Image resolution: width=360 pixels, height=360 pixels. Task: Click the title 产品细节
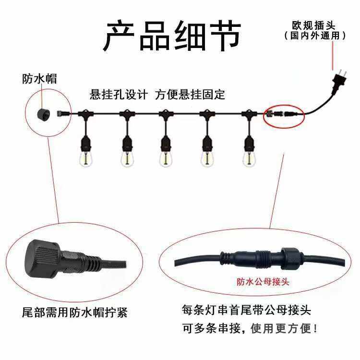tap(172, 36)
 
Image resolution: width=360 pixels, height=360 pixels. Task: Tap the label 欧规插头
tap(314, 25)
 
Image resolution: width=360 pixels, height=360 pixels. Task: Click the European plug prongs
tap(342, 74)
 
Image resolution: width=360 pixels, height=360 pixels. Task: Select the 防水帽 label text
tap(39, 79)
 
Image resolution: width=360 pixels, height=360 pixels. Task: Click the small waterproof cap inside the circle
tap(43, 114)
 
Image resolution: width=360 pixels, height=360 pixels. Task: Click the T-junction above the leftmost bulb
tap(85, 113)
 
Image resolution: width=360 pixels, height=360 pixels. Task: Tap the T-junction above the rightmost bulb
tap(249, 113)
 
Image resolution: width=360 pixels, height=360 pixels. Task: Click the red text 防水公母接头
tap(263, 282)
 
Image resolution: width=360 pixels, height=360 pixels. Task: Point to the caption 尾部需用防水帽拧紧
tap(75, 312)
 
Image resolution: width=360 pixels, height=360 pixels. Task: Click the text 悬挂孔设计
tap(119, 95)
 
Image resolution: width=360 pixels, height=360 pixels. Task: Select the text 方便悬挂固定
tap(190, 95)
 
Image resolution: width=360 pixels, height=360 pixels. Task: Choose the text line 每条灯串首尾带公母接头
tap(247, 310)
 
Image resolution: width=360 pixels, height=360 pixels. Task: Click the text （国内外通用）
tap(315, 36)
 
